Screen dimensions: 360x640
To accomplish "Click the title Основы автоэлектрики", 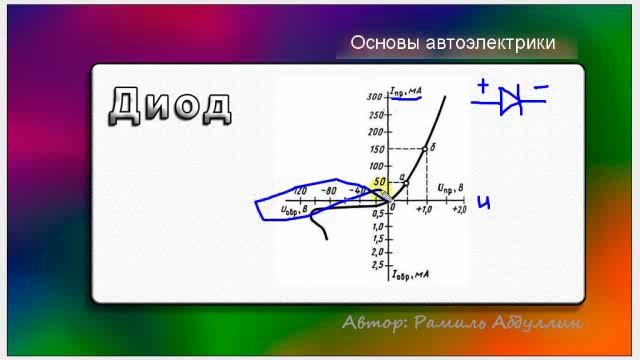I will [x=452, y=44].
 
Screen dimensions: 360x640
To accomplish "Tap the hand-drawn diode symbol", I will [x=512, y=99].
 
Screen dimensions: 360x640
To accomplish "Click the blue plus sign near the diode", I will [x=483, y=87].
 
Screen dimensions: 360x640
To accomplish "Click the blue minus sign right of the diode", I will [x=541, y=87].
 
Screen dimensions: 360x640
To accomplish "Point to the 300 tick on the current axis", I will [x=376, y=98].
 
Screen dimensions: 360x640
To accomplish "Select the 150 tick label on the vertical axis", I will [x=376, y=150].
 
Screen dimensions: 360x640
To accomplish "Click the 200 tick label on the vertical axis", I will [x=376, y=132].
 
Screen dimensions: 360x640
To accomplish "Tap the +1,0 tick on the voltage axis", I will [x=424, y=209].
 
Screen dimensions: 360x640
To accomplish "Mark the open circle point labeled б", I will [x=424, y=150].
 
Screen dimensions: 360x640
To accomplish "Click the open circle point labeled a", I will [x=405, y=184].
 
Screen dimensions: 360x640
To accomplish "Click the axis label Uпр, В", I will [x=447, y=187].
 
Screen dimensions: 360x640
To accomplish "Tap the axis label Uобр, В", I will [x=301, y=209].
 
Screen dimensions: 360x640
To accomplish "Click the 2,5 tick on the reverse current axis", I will [x=378, y=265].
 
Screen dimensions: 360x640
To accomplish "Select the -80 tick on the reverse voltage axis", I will [x=329, y=189].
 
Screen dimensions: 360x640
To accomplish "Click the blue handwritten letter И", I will [x=484, y=203].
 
